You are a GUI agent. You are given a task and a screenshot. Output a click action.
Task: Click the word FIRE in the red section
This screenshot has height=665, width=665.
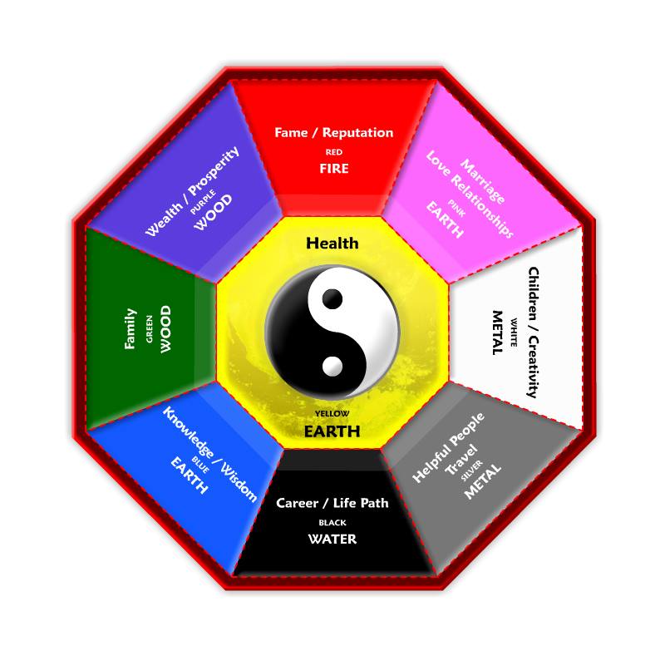click(x=334, y=168)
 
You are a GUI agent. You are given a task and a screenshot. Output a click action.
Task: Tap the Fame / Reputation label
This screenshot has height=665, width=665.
click(x=334, y=132)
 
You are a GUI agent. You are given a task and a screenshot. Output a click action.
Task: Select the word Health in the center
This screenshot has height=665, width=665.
click(x=332, y=243)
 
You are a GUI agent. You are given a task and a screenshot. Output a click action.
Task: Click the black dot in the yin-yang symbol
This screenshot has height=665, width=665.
click(x=333, y=298)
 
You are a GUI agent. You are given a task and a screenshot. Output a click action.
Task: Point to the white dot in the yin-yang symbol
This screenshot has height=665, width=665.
click(x=332, y=365)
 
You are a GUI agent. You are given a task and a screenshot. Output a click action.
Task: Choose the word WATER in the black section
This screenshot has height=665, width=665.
click(x=332, y=539)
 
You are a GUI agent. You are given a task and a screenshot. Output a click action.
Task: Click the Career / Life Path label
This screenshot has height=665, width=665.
click(x=332, y=503)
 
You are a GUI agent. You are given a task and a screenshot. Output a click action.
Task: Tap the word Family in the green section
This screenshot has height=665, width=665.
click(x=131, y=328)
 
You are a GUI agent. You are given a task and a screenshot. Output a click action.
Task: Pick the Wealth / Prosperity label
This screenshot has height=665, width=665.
click(x=192, y=191)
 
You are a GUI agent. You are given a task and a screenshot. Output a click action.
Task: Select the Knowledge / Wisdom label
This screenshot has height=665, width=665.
click(x=209, y=454)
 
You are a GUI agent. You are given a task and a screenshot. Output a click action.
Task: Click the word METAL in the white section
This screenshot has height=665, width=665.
click(x=498, y=332)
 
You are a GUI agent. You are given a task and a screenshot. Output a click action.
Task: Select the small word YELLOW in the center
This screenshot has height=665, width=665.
click(x=332, y=413)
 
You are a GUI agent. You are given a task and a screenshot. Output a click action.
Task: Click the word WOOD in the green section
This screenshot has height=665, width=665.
click(x=165, y=329)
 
